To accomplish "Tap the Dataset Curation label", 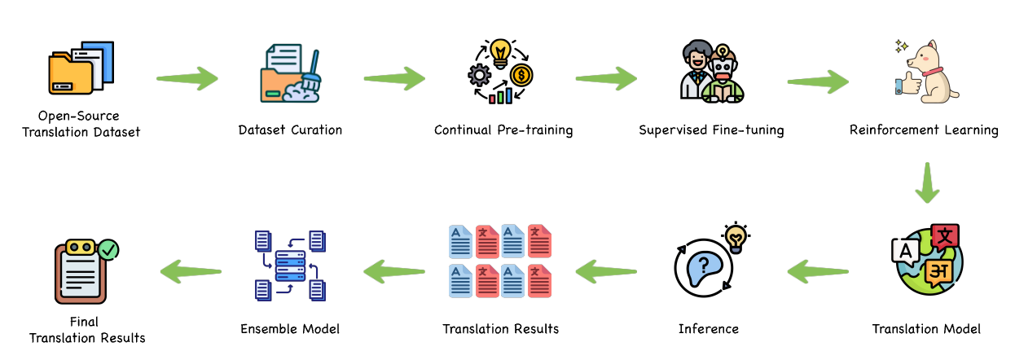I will click(x=290, y=130).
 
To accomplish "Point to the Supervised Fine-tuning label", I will click(x=711, y=130).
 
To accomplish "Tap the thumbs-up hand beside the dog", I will click(x=906, y=85).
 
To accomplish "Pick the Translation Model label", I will click(x=926, y=329).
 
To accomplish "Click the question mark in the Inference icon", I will click(x=703, y=264).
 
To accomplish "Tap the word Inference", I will click(x=708, y=329).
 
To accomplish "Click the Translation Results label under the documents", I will click(x=500, y=329).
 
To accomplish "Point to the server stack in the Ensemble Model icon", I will click(x=289, y=265).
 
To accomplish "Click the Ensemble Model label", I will click(x=290, y=329).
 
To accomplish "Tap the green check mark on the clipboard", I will click(x=108, y=248).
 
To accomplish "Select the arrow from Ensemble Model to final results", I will click(x=190, y=270).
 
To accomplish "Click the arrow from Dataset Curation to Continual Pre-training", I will click(x=395, y=79).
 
